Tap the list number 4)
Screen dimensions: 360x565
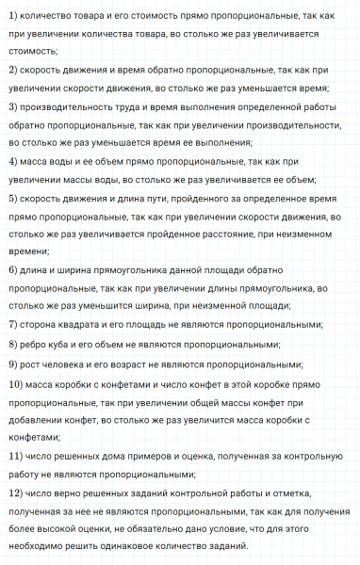[11, 160]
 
